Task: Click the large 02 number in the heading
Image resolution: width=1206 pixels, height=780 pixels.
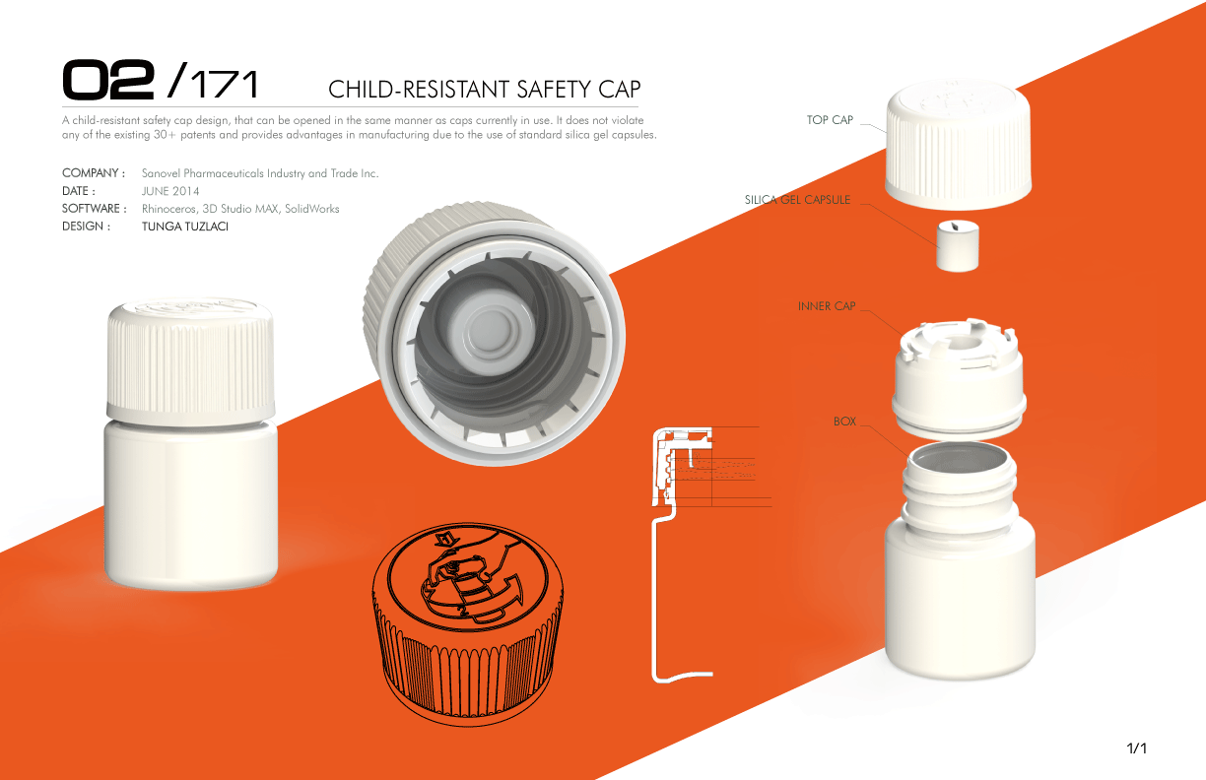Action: click(x=108, y=80)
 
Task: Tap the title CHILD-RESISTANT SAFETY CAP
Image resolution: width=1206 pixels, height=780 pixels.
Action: click(x=485, y=90)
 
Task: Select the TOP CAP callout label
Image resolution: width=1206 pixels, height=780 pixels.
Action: click(x=830, y=120)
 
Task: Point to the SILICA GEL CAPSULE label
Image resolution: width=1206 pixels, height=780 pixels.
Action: click(x=797, y=200)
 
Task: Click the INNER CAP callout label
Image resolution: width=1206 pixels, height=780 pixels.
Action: click(x=827, y=306)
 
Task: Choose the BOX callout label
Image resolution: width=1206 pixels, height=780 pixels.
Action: click(x=844, y=422)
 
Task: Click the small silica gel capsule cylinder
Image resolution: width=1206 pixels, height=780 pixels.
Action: click(x=958, y=245)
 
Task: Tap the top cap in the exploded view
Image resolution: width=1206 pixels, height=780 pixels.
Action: click(x=959, y=144)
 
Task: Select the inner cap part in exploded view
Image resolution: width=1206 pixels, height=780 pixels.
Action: click(x=959, y=378)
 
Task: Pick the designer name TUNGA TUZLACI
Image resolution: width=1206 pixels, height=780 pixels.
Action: click(x=184, y=227)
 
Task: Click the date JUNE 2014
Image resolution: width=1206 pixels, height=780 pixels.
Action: click(x=170, y=191)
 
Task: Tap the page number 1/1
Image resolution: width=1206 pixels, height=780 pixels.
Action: click(x=1136, y=748)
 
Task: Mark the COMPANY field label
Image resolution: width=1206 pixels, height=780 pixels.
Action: click(x=94, y=173)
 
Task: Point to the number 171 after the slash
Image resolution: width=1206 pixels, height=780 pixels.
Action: click(x=225, y=84)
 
